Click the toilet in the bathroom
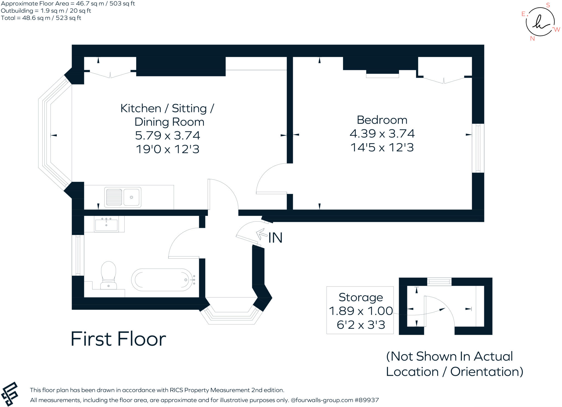pos(109,275)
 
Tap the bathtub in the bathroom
pos(164,280)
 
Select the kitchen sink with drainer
pos(123,197)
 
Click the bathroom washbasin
pos(106,224)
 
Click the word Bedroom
pos(382,120)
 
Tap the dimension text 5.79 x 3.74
pos(167,135)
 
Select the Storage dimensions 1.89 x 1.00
pos(361,311)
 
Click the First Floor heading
pos(118,339)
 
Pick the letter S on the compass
pos(548,5)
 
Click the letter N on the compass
pos(532,39)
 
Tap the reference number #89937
pos(367,400)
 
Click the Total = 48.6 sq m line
pos(41,18)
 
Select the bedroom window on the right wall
pos(478,148)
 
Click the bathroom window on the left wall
pos(78,255)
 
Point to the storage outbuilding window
pos(439,281)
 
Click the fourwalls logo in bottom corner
pos(10,394)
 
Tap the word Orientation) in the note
pos(487,372)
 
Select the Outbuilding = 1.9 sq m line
pos(46,11)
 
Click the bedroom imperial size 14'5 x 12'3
pos(382,147)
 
